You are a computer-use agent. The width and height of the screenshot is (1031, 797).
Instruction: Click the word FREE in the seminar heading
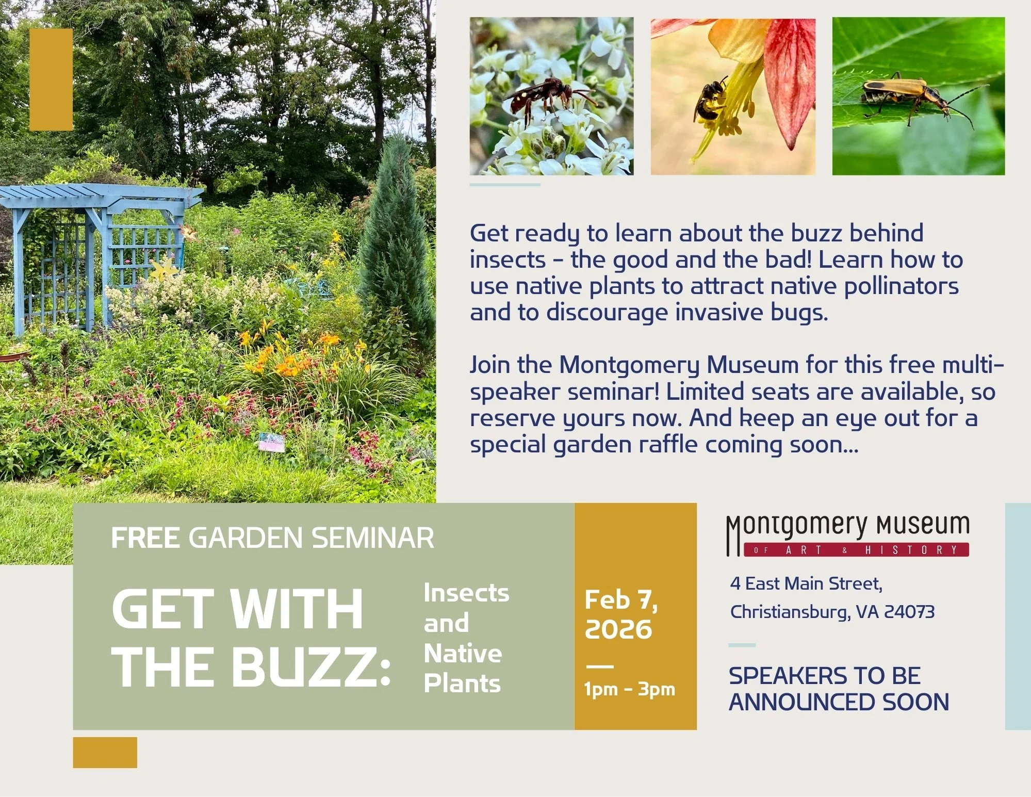145,538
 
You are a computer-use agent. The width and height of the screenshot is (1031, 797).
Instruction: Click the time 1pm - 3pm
629,689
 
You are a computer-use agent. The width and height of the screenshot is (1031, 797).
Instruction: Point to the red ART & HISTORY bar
856,550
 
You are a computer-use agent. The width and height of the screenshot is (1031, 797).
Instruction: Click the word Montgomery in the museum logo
797,526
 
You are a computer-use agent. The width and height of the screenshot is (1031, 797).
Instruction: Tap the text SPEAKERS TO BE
824,676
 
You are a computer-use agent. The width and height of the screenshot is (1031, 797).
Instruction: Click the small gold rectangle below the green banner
105,752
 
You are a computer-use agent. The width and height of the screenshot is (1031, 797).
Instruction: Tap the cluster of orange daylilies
289,356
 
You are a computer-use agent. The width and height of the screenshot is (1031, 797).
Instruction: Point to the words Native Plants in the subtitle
463,668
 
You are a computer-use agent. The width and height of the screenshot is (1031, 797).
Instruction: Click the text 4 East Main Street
806,584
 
